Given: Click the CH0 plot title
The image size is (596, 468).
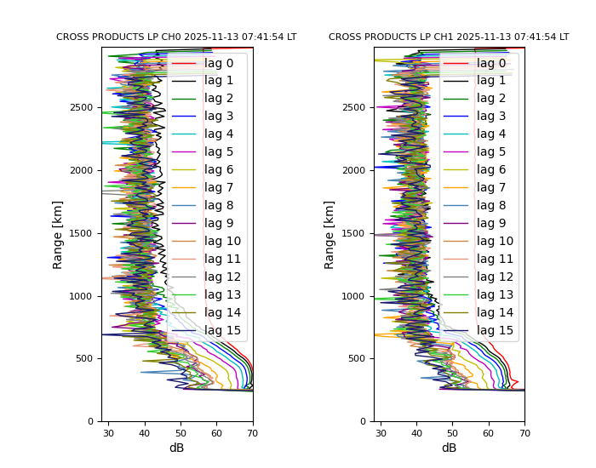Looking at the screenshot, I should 176,37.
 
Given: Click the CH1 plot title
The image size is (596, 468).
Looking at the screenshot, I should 449,37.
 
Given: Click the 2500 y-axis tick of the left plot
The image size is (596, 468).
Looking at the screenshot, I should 84,107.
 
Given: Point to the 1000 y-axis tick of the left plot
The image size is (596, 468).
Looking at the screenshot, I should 84,296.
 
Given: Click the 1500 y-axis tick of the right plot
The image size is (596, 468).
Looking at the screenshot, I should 357,233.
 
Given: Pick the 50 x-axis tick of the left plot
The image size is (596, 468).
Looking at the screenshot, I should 181,433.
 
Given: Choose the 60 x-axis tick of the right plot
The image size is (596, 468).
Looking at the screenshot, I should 489,433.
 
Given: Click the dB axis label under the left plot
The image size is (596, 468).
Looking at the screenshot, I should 176,448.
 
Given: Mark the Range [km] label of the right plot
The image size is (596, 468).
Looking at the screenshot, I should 330,234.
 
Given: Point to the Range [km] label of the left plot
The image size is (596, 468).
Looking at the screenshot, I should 58,234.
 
